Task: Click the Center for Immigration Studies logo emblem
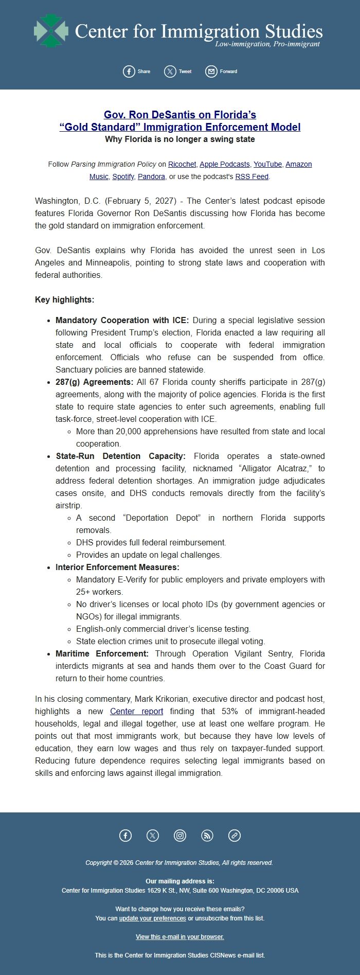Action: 51,31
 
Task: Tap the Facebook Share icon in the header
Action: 129,72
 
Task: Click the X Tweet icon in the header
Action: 170,72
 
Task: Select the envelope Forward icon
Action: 211,72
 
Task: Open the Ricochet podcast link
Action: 182,164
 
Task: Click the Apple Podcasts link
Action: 225,164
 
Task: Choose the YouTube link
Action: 267,164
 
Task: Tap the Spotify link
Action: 123,176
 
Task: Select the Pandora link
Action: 152,176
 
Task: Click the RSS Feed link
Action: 252,176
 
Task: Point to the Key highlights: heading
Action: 64,299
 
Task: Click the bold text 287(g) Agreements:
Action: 94,382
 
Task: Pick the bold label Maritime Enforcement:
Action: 102,653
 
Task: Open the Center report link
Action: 136,711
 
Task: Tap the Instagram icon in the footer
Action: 180,836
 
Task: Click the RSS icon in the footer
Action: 207,836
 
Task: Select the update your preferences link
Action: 152,918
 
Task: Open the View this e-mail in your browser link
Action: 180,936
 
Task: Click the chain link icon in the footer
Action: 235,836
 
